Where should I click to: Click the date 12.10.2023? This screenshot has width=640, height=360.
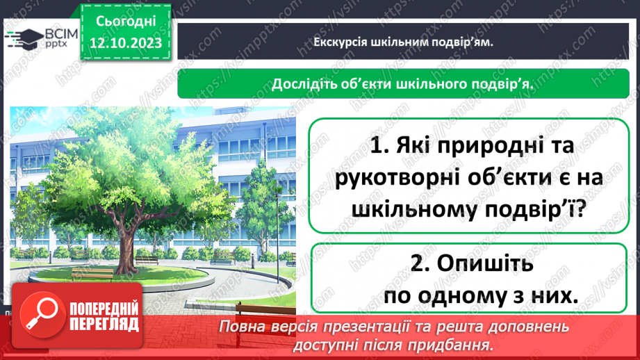[x=126, y=44]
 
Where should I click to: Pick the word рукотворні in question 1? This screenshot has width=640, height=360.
[x=386, y=177]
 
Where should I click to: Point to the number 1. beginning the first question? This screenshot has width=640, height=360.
[x=380, y=147]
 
